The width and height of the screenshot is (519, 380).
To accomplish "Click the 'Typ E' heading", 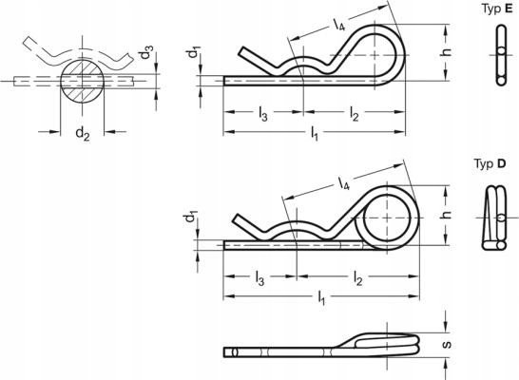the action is [x=497, y=9].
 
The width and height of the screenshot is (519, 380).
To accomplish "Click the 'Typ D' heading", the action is [x=490, y=163].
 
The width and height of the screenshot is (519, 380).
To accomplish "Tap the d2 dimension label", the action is [x=83, y=134].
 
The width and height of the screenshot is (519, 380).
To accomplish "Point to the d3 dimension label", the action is [x=146, y=52].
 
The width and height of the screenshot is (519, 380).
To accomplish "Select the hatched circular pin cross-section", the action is [x=83, y=82].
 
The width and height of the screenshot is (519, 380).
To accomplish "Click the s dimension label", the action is [x=447, y=345].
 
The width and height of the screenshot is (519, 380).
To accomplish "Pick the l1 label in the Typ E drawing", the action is [x=314, y=134].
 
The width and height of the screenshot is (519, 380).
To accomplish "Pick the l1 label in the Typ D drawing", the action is [x=321, y=297].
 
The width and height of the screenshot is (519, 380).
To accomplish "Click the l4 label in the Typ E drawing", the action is [x=339, y=25].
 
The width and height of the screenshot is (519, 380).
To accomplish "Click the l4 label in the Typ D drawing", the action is [x=344, y=183].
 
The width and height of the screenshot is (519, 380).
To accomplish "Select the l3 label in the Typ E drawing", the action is [x=262, y=114].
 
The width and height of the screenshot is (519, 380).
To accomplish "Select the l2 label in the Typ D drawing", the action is [x=357, y=278].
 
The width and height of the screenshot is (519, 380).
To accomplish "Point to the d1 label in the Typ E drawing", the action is [x=193, y=52].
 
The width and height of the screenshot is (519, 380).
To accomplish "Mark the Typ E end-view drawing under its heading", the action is [x=502, y=55].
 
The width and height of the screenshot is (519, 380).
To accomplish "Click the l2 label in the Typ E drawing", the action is [x=354, y=114].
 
